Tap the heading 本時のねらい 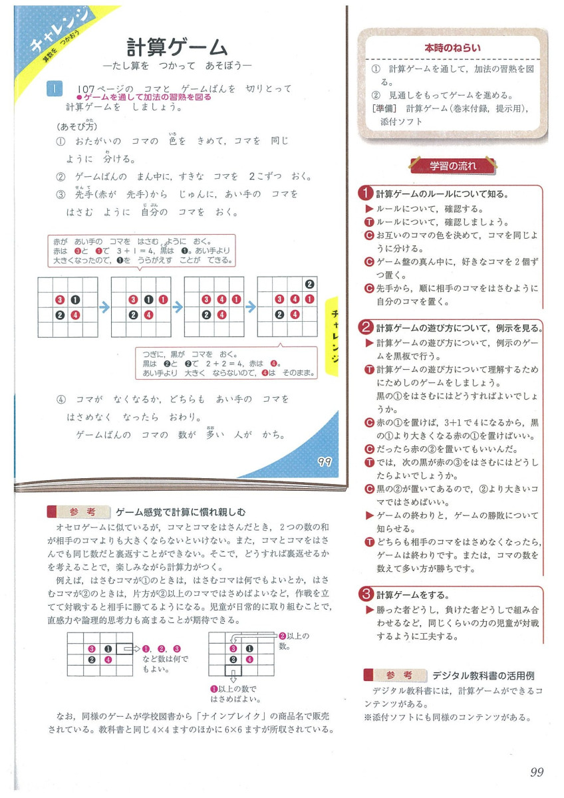pos(452,48)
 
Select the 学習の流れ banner pos(452,166)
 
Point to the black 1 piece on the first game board pos(74,299)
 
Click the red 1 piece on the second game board pos(163,299)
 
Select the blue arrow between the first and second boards pos(104,307)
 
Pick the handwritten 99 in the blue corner pos(325,462)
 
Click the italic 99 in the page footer pos(537,772)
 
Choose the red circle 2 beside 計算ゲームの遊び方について pos(364,327)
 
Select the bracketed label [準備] pos(386,108)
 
